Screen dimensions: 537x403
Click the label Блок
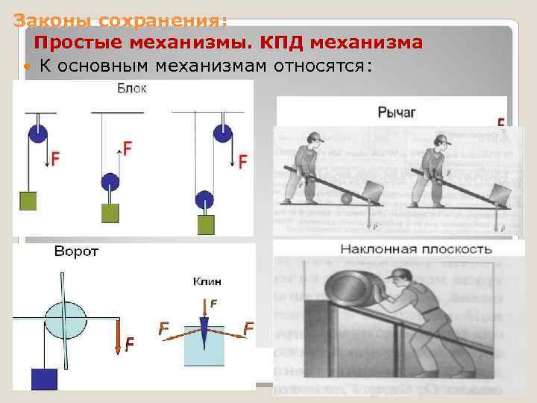point(132,89)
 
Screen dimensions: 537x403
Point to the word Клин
point(207,281)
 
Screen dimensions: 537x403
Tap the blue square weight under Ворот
point(44,378)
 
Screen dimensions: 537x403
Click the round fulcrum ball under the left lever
point(345,199)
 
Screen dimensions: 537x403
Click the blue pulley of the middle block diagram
point(110,181)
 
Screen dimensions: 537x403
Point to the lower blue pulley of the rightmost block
point(203,200)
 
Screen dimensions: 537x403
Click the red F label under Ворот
point(130,343)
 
